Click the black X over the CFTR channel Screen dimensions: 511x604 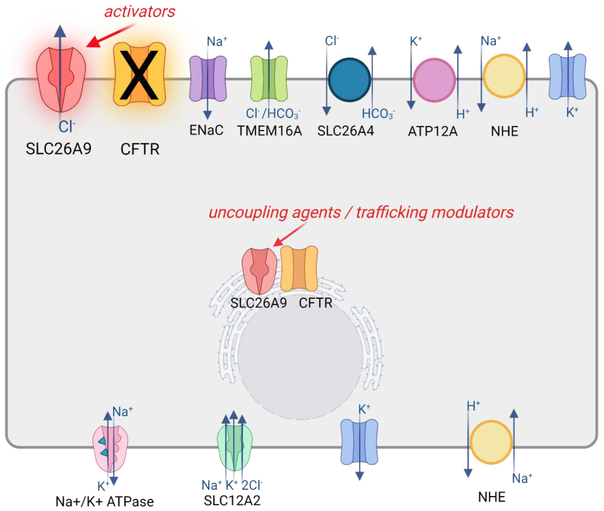[x=139, y=75]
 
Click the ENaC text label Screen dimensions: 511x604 [x=206, y=130]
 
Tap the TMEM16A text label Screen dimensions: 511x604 [x=269, y=131]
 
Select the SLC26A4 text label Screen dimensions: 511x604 [x=346, y=131]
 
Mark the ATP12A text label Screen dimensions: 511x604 [x=433, y=132]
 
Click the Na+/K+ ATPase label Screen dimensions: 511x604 [x=104, y=501]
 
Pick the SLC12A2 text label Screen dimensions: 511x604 [x=232, y=500]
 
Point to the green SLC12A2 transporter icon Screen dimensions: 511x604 [x=234, y=446]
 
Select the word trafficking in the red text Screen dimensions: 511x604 [x=391, y=212]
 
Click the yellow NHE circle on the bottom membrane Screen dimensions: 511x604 [x=491, y=442]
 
